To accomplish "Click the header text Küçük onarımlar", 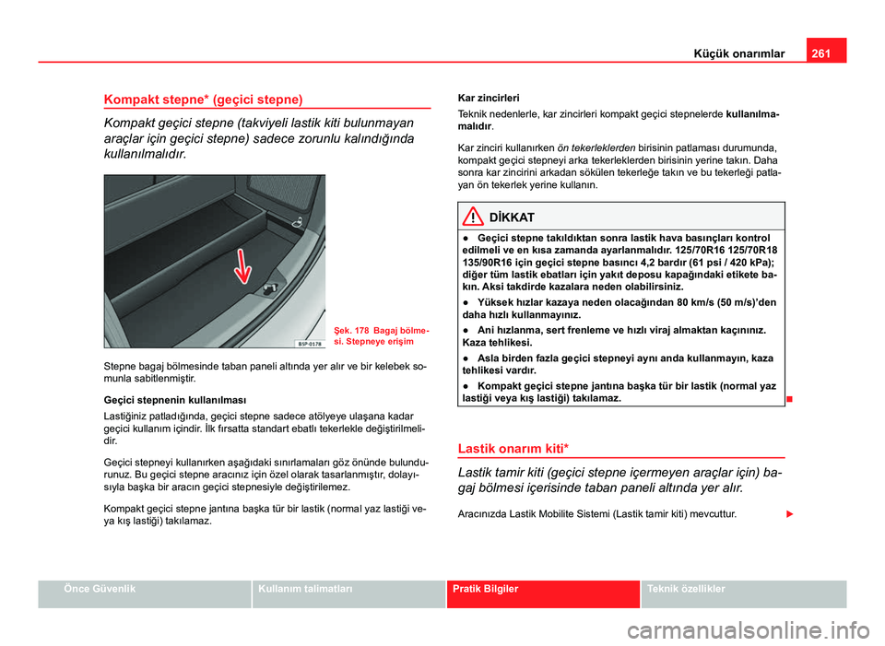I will [738, 53].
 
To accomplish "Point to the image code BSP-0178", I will [308, 343].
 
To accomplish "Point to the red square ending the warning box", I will [791, 399].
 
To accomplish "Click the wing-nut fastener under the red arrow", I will [267, 290].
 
